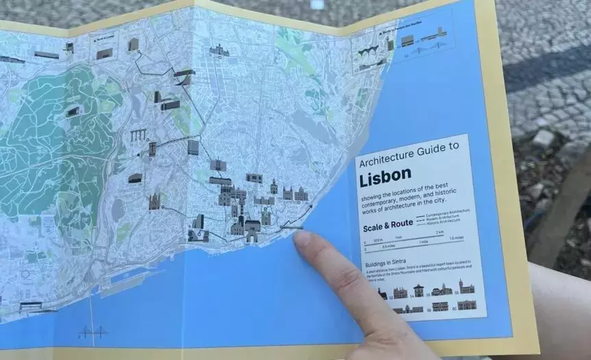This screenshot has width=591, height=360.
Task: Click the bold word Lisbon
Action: (x=385, y=174)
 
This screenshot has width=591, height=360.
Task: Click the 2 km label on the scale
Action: (x=440, y=234)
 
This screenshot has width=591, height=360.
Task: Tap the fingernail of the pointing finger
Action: (x=302, y=239)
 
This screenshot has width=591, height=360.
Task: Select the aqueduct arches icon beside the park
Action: (x=140, y=135)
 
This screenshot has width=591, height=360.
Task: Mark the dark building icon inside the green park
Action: (x=73, y=111)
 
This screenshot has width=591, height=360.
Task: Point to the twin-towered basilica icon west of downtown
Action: (x=154, y=201)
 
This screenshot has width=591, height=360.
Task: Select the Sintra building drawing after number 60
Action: (x=467, y=304)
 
